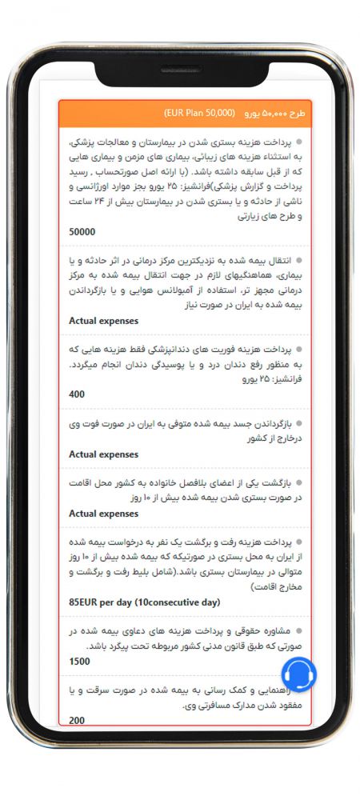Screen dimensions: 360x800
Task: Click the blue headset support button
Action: click(298, 674)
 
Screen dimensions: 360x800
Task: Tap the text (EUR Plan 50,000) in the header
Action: click(199, 113)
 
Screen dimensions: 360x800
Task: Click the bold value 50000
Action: click(82, 232)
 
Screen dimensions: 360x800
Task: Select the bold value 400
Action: click(77, 394)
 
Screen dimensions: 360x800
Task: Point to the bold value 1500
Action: click(80, 662)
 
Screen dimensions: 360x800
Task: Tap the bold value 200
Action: click(77, 721)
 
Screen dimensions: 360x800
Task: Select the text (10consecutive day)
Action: click(177, 602)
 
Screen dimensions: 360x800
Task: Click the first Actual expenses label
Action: click(103, 321)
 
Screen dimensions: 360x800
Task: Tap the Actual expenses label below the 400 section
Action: click(103, 454)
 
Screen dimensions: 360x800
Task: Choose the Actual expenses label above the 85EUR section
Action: click(103, 514)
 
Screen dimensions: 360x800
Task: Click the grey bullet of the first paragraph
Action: click(300, 142)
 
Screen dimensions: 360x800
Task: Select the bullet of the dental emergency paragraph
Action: click(300, 350)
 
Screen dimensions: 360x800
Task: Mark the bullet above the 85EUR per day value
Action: click(300, 542)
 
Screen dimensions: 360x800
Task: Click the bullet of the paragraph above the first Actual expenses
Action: click(300, 261)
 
